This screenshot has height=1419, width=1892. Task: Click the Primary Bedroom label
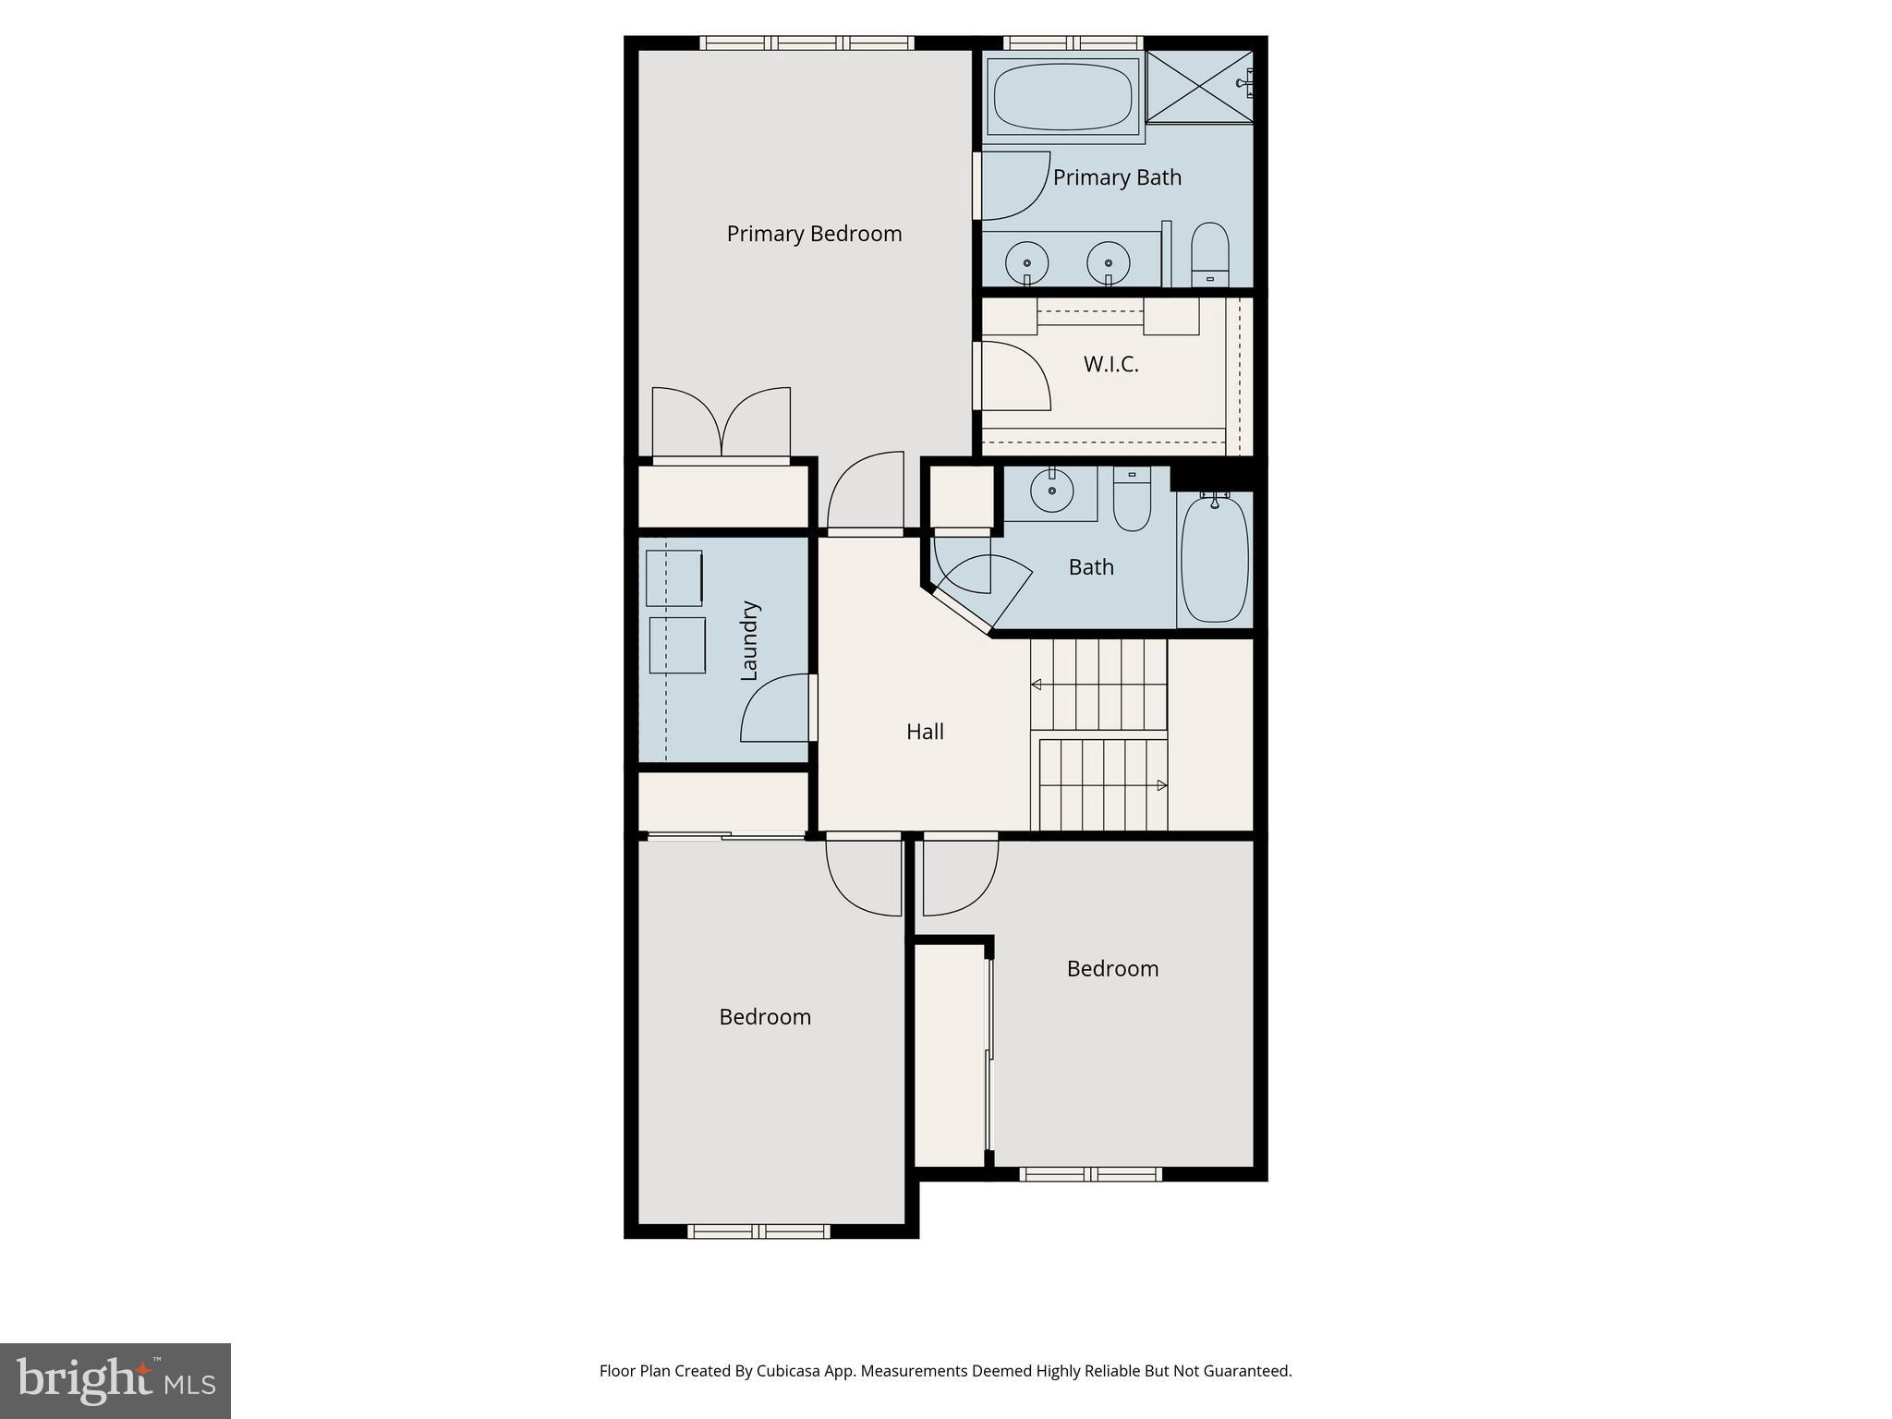pyautogui.click(x=814, y=234)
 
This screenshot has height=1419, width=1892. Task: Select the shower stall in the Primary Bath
pyautogui.click(x=1199, y=87)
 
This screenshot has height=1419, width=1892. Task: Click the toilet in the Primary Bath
pyautogui.click(x=1209, y=254)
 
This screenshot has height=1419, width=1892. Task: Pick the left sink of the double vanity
pyautogui.click(x=1026, y=261)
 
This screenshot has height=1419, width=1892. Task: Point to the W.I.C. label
pyautogui.click(x=1110, y=364)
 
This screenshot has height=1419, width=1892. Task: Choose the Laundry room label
pyautogui.click(x=749, y=641)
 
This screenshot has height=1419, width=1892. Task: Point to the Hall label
pyautogui.click(x=925, y=732)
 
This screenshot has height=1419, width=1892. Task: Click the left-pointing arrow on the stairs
pyautogui.click(x=1037, y=685)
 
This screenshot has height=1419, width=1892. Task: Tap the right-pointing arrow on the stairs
pyautogui.click(x=1161, y=785)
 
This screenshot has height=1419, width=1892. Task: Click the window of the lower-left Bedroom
pyautogui.click(x=758, y=1231)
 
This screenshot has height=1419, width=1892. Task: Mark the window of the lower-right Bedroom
pyautogui.click(x=1090, y=1174)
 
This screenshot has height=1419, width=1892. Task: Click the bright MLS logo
pyautogui.click(x=115, y=1380)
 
